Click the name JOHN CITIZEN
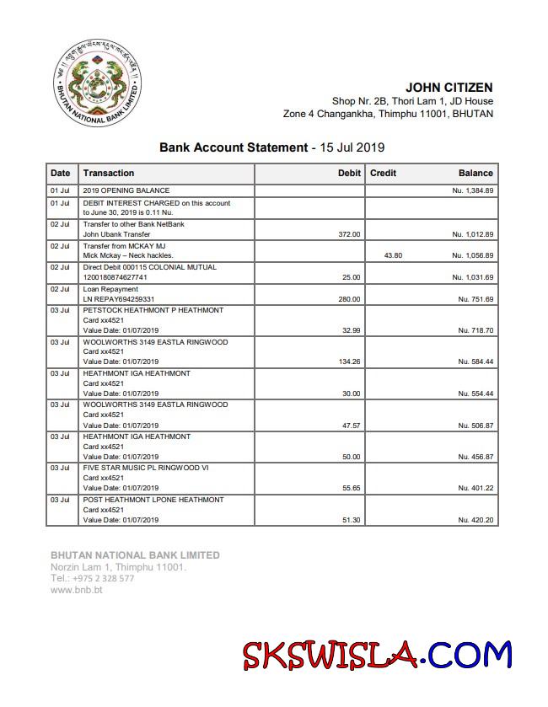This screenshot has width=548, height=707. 449,88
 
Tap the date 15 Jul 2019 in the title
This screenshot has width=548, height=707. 352,147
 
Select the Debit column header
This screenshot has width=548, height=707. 349,174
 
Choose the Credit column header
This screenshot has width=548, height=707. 383,174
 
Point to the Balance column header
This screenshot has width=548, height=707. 475,174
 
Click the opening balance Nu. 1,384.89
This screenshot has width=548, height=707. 472,191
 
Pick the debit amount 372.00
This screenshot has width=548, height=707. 349,234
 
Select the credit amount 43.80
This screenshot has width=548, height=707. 393,255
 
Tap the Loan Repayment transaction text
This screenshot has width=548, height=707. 110,289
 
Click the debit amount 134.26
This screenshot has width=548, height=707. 348,362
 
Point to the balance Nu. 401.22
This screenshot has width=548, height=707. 475,488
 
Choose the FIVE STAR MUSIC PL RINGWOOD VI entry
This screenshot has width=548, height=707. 146,468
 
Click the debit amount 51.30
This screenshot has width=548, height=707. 351,520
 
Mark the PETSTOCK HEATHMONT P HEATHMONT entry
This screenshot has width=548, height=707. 153,310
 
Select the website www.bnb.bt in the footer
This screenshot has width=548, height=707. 77,590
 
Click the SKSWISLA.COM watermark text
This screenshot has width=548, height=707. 377,656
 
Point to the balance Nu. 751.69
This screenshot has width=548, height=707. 475,299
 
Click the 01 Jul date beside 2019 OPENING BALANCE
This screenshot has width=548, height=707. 60,191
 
